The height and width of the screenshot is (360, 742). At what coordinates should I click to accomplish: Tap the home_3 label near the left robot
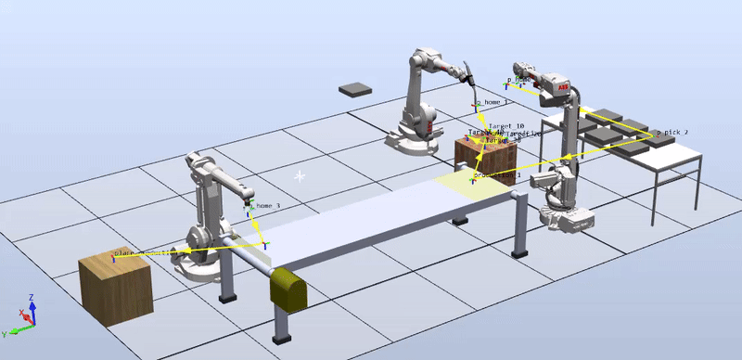pos(267,205)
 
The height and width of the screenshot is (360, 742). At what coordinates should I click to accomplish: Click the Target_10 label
pos(506,125)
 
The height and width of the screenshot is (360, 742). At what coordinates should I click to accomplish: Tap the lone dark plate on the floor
pos(353,90)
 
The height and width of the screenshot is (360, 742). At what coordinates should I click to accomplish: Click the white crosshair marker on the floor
pos(300,175)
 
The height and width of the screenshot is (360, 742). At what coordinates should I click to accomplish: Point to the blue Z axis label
pos(32,298)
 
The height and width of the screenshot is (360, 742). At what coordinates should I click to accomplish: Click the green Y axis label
pos(5,331)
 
